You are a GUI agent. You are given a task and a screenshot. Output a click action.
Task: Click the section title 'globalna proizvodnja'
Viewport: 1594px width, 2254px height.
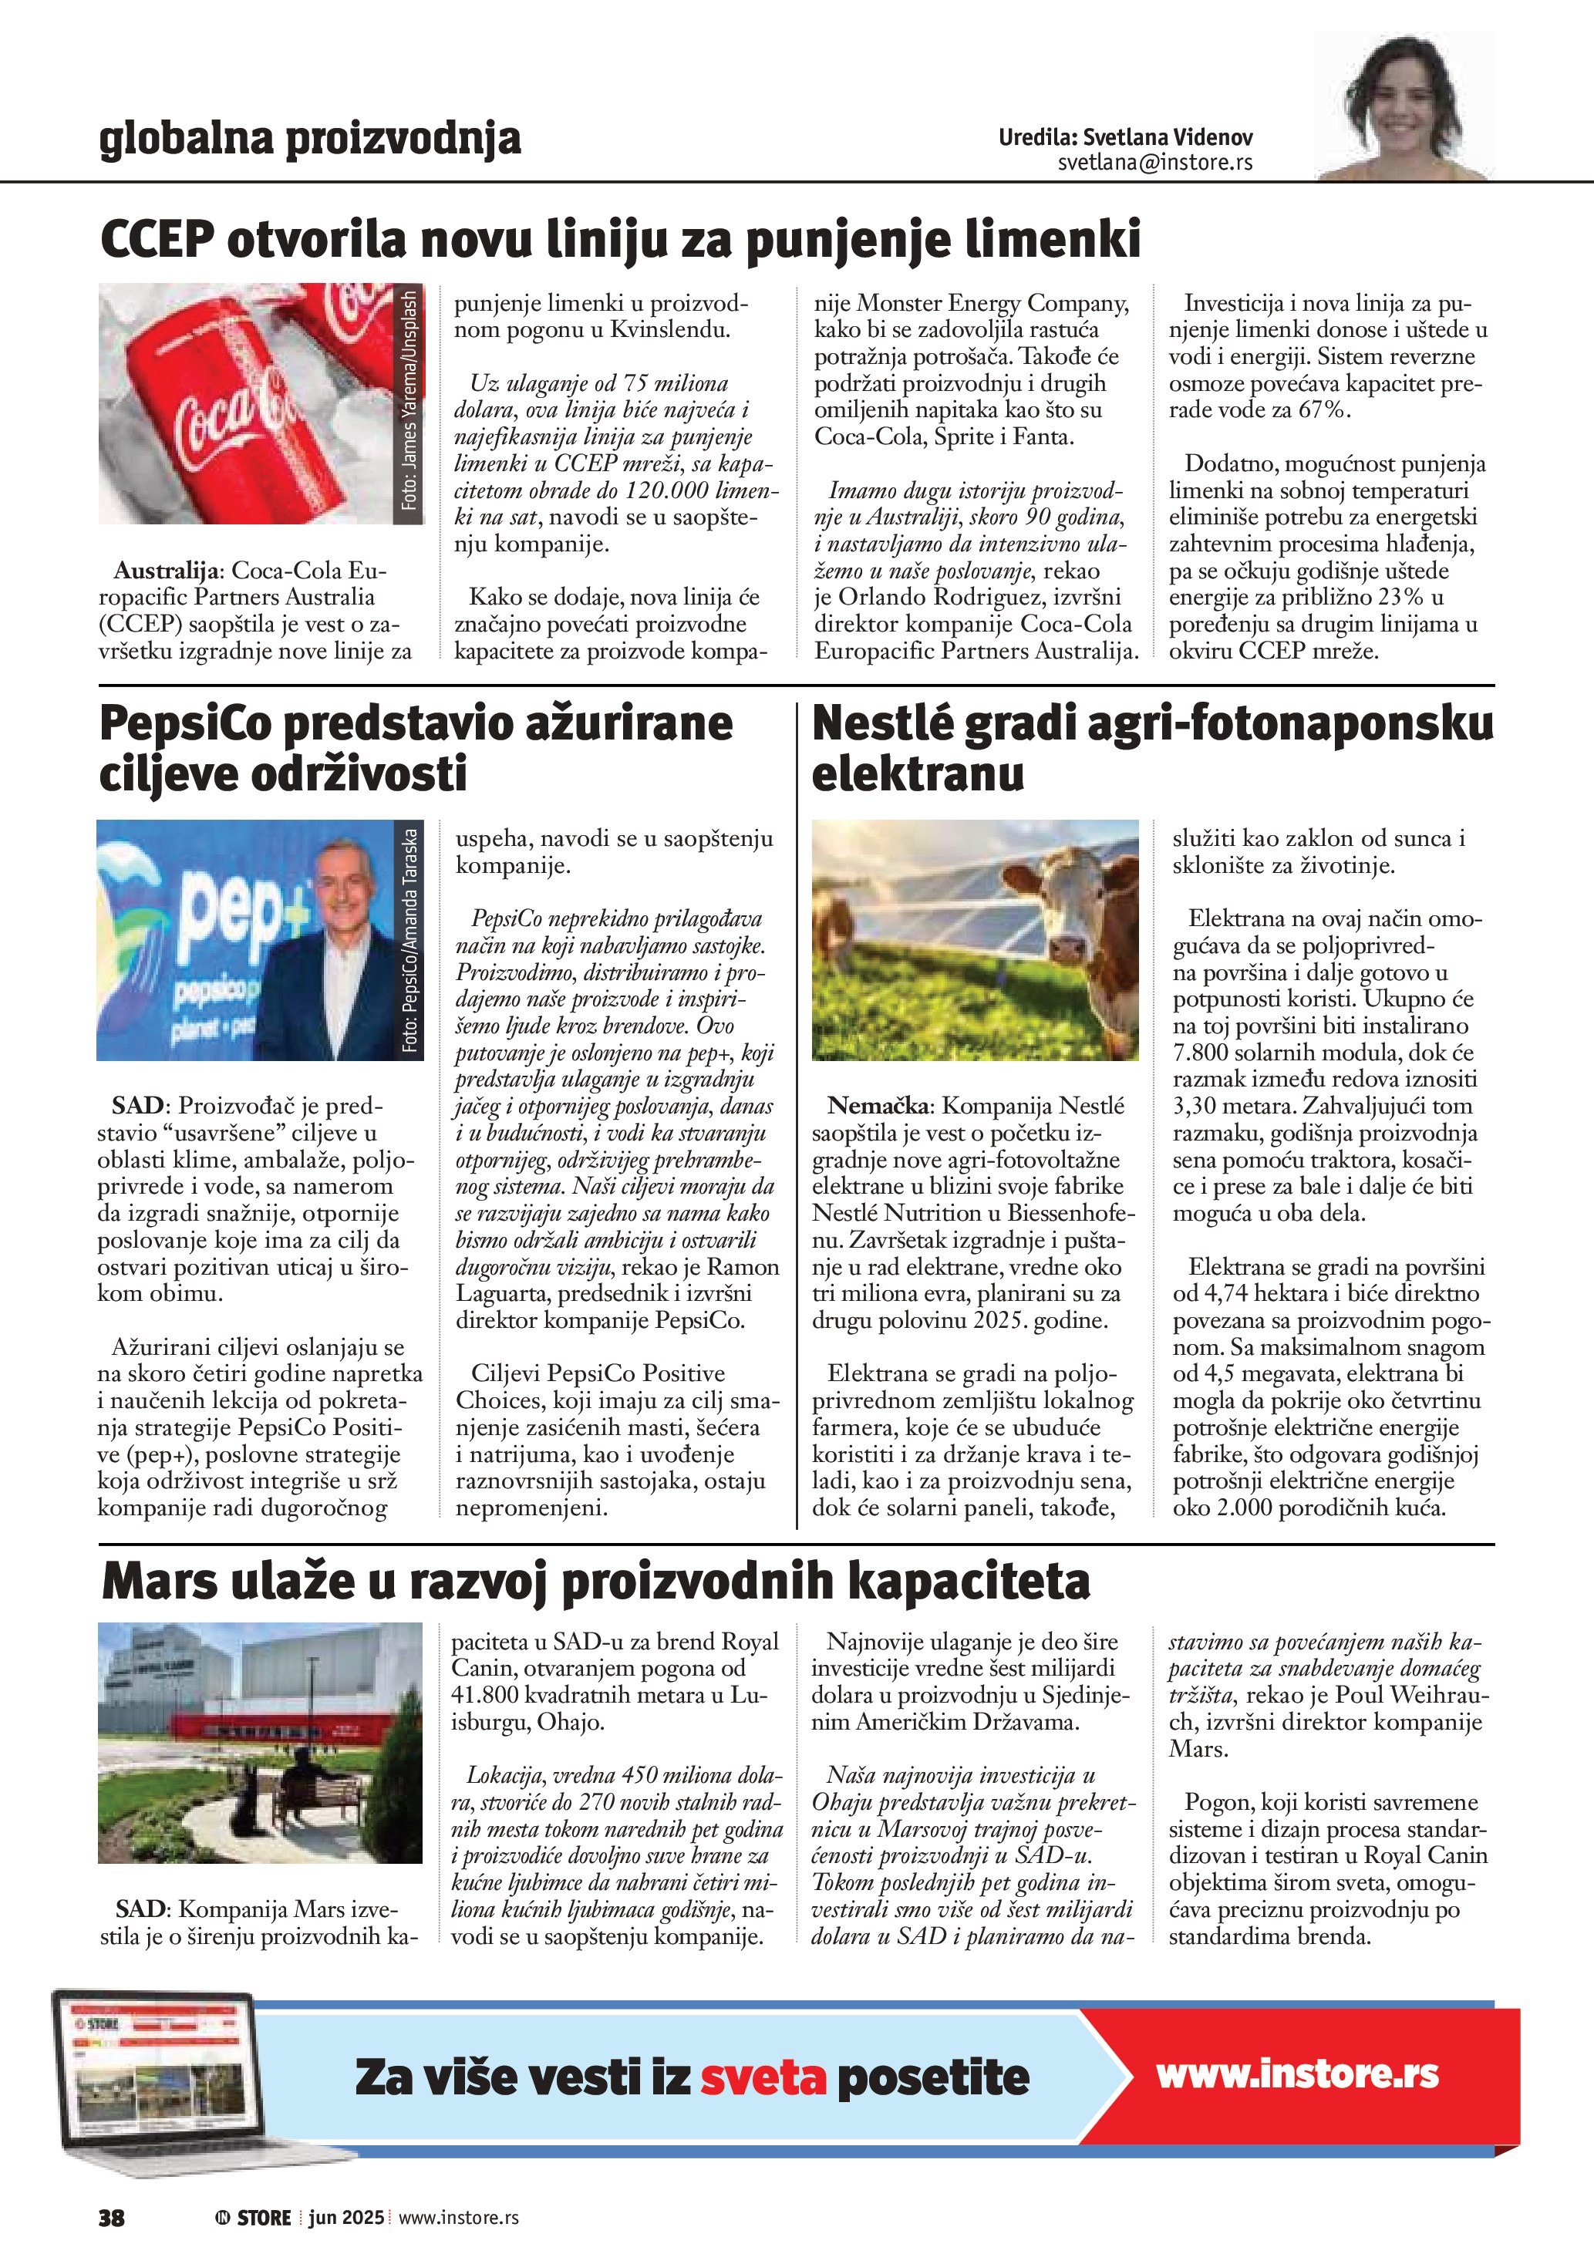(309, 139)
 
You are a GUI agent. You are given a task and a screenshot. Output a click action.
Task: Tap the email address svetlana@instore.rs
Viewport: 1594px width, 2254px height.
(1154, 163)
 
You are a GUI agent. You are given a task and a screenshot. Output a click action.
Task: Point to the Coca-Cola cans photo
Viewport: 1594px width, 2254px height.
(245, 403)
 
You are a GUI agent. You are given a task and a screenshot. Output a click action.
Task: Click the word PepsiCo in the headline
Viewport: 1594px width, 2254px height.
(184, 725)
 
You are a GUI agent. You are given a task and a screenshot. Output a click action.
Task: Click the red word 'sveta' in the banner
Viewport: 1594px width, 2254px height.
(763, 2077)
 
